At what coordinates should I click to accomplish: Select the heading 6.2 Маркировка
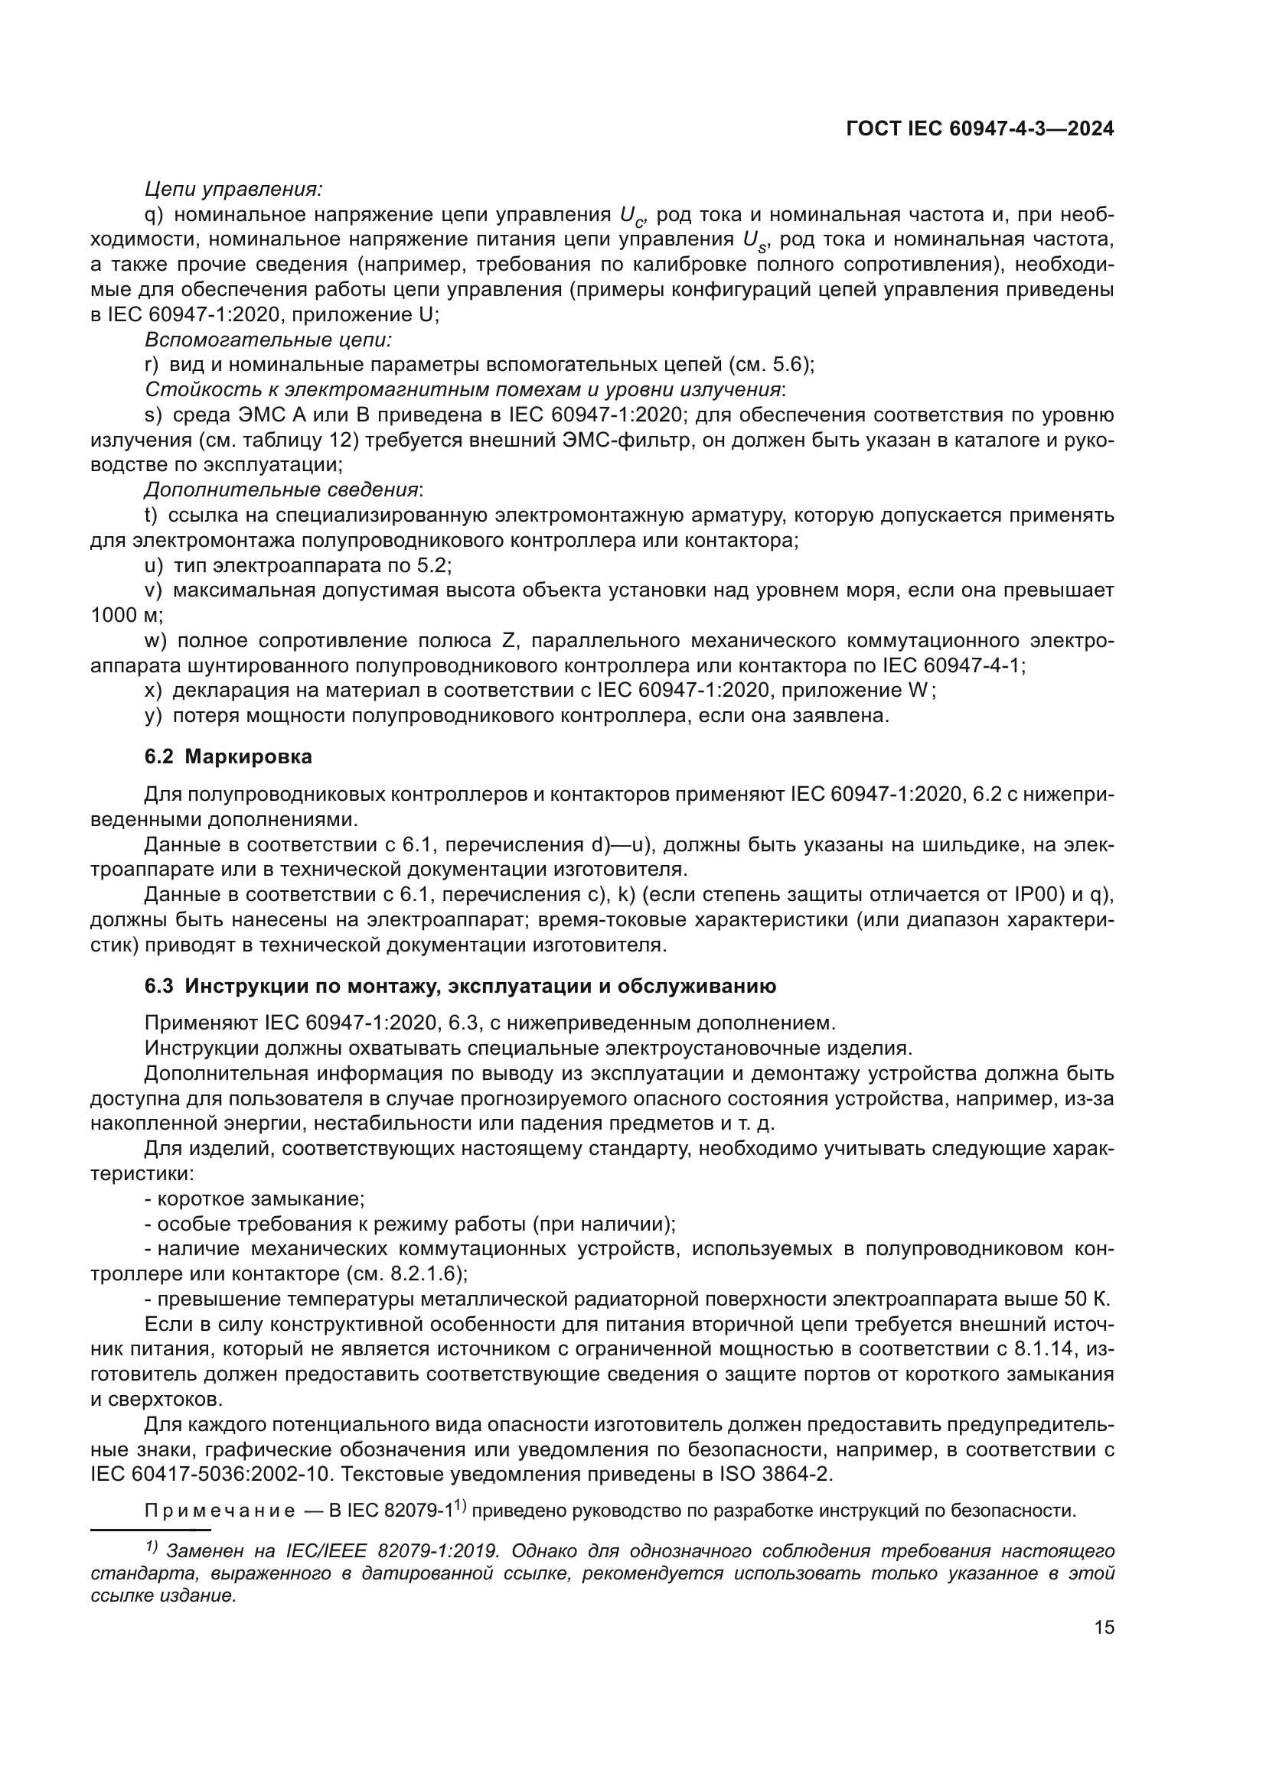[x=228, y=756]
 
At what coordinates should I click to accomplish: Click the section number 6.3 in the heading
[x=158, y=987]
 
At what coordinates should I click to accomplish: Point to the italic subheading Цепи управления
[x=233, y=189]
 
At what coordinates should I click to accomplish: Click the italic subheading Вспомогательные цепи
[x=267, y=340]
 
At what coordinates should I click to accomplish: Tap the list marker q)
[x=154, y=214]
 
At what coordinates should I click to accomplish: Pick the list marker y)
[x=153, y=715]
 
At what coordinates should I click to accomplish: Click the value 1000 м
[x=126, y=616]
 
